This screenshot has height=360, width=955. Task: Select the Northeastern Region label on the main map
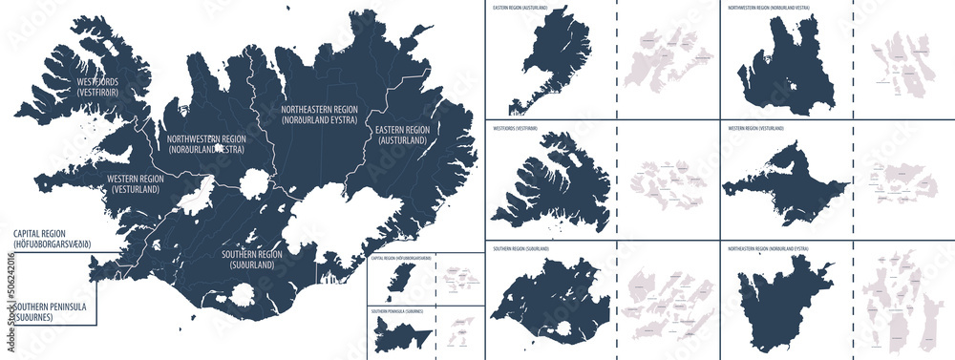point(318,116)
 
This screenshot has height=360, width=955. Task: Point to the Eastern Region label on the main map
point(402,135)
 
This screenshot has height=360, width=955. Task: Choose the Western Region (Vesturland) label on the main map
point(133,183)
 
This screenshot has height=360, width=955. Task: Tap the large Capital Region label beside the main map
point(53,240)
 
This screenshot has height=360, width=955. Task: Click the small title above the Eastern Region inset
point(520,8)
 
